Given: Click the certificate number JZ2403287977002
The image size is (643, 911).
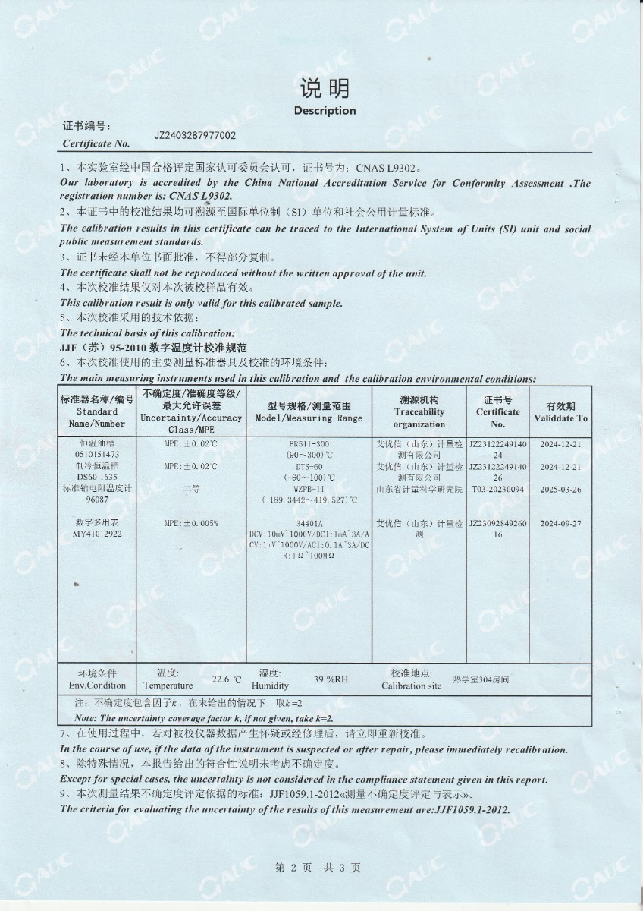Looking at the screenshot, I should point(195,136).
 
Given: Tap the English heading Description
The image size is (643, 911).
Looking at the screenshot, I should point(325,111).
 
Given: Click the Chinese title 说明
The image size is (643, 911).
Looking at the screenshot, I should point(325,89).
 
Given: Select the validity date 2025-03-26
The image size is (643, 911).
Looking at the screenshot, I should point(561,490).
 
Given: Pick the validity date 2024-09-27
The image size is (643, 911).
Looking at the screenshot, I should point(561,523).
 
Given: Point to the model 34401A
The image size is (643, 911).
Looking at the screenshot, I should point(309,523).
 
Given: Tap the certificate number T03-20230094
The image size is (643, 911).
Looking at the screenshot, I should point(497,490).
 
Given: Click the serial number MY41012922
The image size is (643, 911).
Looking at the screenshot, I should point(98,534).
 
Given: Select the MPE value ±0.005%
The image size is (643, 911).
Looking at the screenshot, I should point(191,523).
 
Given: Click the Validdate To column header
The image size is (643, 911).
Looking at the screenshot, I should point(560,418).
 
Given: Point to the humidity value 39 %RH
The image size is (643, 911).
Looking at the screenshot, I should point(331,680).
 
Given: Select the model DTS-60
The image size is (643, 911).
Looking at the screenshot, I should point(309,466).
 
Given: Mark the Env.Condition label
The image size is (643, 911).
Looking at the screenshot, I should point(97,686).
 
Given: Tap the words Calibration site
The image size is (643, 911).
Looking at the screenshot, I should point(411,686).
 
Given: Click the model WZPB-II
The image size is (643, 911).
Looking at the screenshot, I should point(309,489).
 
